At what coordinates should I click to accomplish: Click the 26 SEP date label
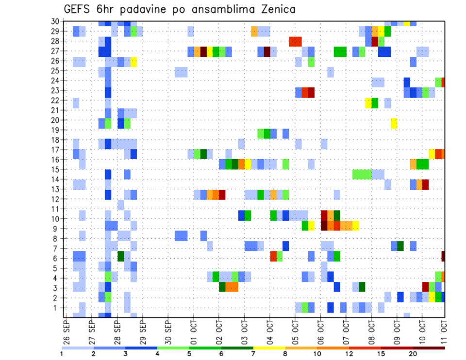tap(66, 331)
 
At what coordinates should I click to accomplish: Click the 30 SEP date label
tap(167, 331)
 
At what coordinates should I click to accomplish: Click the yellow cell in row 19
tap(394, 123)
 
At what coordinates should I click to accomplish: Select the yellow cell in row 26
tap(133, 62)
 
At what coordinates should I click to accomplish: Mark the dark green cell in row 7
tap(400, 246)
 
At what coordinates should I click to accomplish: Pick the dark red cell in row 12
tap(222, 195)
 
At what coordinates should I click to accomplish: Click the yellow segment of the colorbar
tap(269, 348)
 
